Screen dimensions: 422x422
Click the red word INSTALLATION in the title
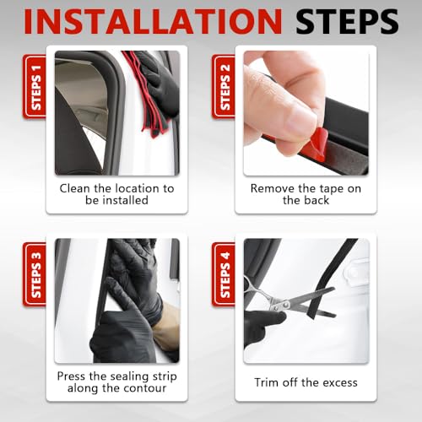point(153,21)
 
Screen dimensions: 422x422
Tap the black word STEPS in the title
point(347,21)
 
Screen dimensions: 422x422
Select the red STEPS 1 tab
point(35,87)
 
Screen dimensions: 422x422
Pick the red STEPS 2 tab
point(224,87)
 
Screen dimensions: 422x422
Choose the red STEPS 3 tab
point(35,274)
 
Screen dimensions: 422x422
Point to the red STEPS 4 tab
point(224,274)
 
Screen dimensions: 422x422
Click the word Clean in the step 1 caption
point(74,188)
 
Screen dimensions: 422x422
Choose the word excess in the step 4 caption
point(340,383)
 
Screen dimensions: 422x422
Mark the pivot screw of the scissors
point(285,305)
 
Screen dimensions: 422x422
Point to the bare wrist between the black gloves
point(168,323)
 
